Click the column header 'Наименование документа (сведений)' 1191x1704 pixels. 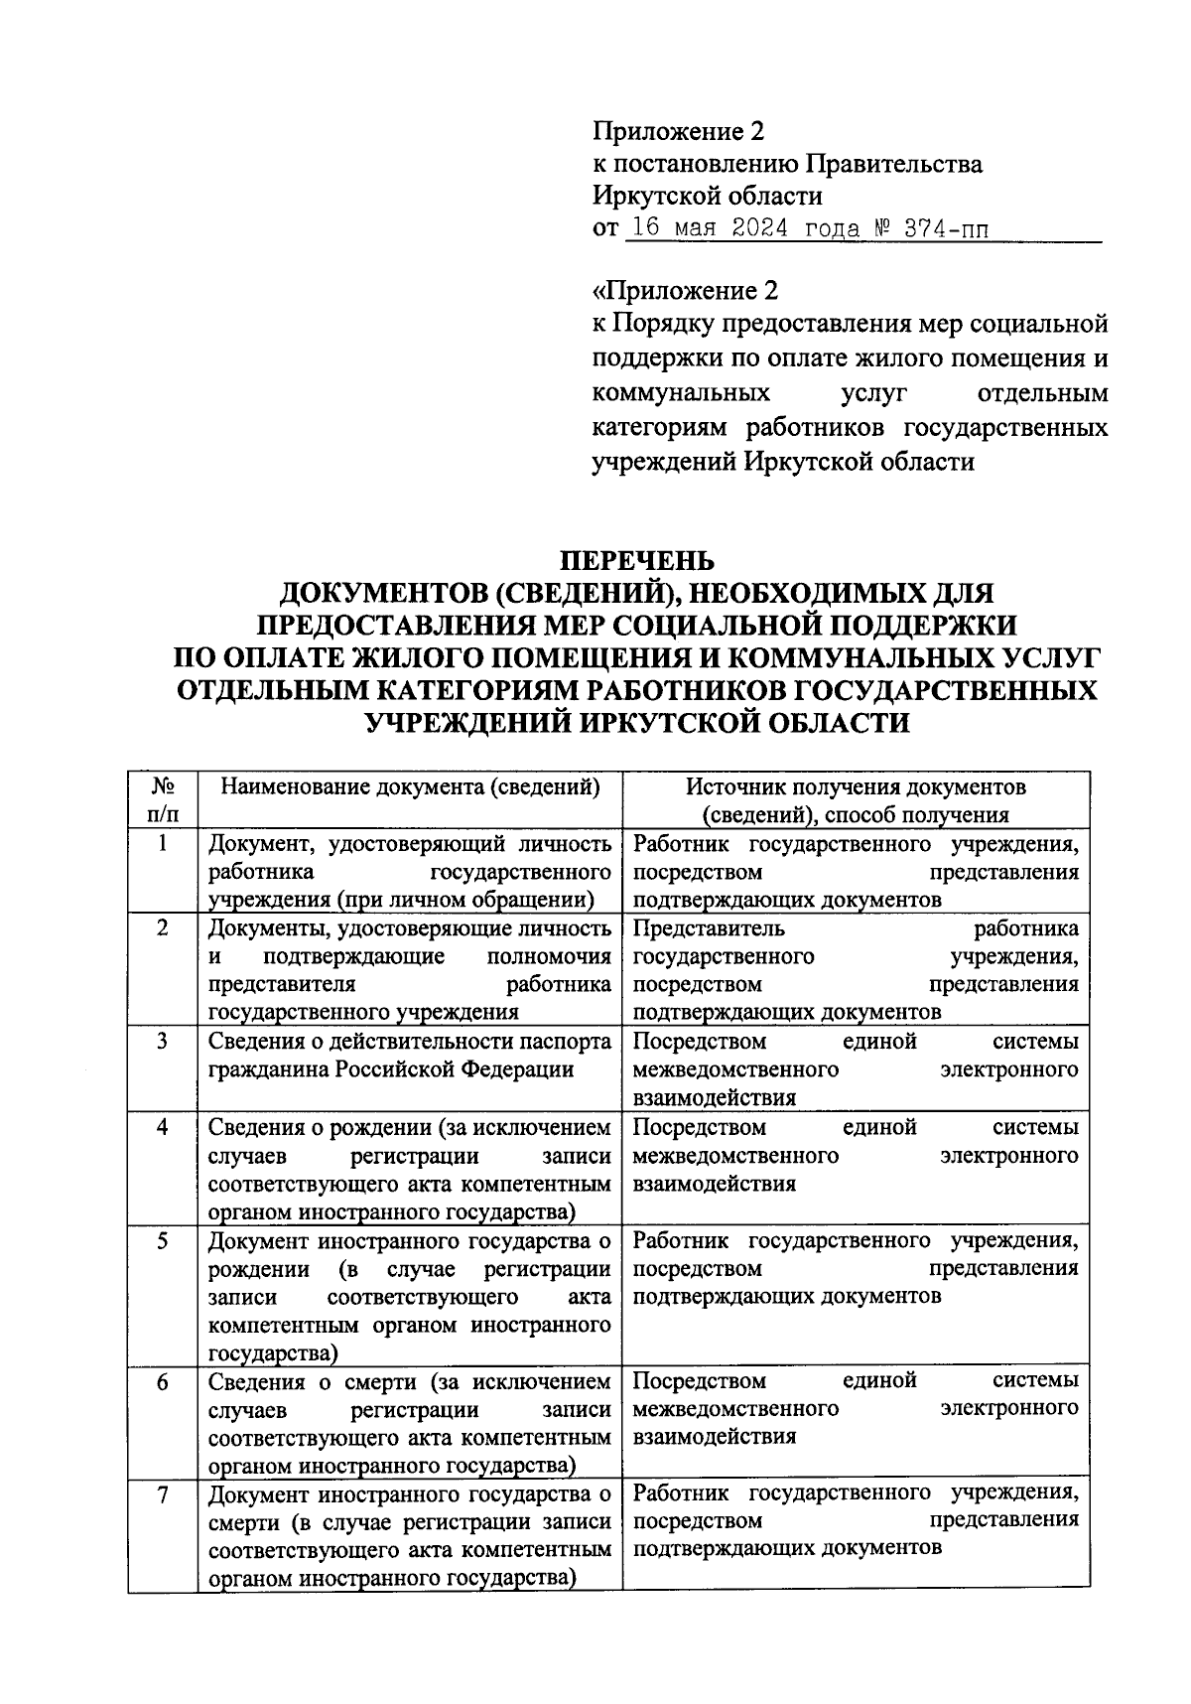click(x=410, y=787)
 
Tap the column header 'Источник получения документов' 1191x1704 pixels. click(x=856, y=787)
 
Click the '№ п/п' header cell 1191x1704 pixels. click(x=163, y=800)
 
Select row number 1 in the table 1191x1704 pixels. click(x=163, y=843)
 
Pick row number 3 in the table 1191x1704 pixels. click(x=163, y=1041)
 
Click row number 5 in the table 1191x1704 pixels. click(x=163, y=1240)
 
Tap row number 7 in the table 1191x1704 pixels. click(x=163, y=1494)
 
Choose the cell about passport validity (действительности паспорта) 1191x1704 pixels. click(x=410, y=1055)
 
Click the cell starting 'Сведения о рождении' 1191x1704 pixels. click(x=410, y=1170)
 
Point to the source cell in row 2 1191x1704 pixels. click(x=856, y=969)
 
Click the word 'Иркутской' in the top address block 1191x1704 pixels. click(x=655, y=197)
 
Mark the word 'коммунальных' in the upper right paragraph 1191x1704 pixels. click(x=681, y=393)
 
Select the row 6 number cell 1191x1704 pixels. click(x=163, y=1381)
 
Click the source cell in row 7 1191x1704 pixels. click(x=856, y=1520)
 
